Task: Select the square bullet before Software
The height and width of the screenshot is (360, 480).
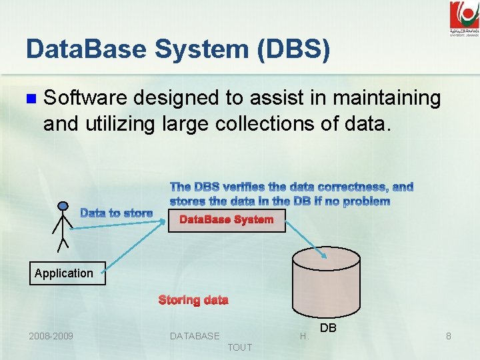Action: [x=29, y=99]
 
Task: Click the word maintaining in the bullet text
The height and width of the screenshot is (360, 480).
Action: [x=387, y=98]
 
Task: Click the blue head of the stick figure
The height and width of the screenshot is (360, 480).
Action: [x=63, y=206]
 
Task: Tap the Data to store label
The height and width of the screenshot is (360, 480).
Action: [x=117, y=213]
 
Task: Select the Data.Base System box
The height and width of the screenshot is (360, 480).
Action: [x=227, y=220]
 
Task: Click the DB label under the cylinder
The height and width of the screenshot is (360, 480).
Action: [x=328, y=328]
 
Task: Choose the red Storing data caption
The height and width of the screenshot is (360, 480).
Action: [x=193, y=300]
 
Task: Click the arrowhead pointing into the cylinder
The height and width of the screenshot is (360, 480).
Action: [x=317, y=252]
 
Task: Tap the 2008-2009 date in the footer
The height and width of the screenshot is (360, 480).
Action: [x=51, y=336]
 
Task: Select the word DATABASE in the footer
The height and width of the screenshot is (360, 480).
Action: [x=195, y=336]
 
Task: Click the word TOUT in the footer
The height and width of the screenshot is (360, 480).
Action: [x=240, y=347]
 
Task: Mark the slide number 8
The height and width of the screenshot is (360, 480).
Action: [x=449, y=336]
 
